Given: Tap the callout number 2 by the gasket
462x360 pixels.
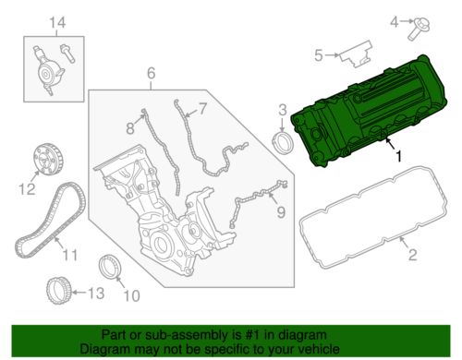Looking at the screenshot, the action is tap(412, 255).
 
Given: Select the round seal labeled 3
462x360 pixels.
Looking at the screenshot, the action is tap(281, 142).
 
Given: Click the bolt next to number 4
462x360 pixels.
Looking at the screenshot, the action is tap(419, 29).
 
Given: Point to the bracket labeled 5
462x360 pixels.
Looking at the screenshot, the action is tap(356, 54).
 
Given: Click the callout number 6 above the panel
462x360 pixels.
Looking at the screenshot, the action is tap(151, 73).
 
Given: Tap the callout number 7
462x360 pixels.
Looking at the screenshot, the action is tap(201, 109).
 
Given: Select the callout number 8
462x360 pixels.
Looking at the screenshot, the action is tap(130, 127).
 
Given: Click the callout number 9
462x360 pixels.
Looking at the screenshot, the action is tap(281, 212).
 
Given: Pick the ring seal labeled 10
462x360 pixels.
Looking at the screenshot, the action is tap(110, 268).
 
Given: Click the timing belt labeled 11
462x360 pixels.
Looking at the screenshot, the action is tap(51, 220).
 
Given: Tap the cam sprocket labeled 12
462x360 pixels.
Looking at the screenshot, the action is tap(48, 160).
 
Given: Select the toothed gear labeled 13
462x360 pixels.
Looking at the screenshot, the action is tap(59, 291).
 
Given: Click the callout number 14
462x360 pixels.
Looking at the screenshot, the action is tap(57, 23).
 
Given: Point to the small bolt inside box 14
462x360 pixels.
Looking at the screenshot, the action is tap(67, 54).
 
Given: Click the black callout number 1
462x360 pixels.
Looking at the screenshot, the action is tap(398, 157).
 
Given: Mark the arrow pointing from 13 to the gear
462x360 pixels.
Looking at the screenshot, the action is tap(79, 293).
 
